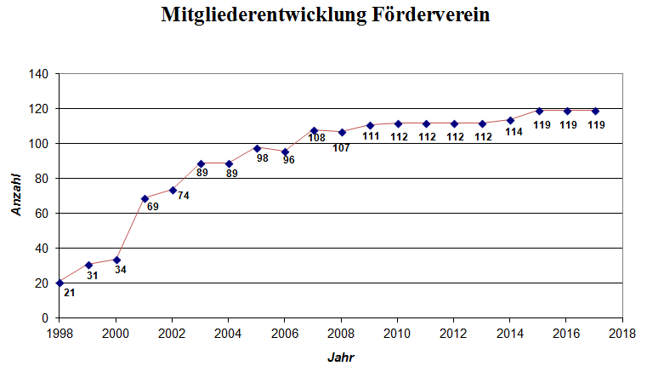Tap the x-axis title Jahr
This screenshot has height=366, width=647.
point(340,357)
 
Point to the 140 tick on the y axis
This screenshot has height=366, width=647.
point(39,74)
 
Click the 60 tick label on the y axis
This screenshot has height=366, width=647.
point(42,214)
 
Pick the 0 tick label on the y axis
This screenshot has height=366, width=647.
point(45,318)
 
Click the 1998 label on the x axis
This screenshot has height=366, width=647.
point(60,333)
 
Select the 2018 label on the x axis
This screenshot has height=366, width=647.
point(621,333)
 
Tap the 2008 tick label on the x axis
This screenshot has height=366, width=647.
point(340,333)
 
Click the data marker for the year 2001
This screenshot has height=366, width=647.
point(145,198)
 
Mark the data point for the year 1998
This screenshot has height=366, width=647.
point(60,283)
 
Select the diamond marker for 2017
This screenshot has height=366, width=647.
point(595,111)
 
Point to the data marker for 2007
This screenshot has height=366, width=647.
point(313,130)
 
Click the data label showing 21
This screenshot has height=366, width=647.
point(69,293)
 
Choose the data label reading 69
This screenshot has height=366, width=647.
point(153,207)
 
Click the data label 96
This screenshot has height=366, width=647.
point(289,159)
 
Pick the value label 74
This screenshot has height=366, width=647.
point(183,195)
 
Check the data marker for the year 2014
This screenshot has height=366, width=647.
point(510,120)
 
